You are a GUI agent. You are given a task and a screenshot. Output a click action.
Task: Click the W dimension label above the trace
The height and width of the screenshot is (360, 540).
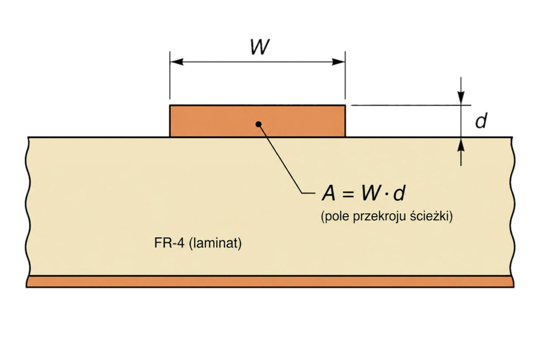(x=259, y=47)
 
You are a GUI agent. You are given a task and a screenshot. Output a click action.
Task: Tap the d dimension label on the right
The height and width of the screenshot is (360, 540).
(x=481, y=121)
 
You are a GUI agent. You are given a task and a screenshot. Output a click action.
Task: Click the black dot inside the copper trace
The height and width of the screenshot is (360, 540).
(x=258, y=124)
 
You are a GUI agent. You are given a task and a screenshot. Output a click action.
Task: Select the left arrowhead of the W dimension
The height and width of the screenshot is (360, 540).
(x=177, y=62)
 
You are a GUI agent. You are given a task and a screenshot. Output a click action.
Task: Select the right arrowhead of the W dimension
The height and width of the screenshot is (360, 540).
(x=338, y=62)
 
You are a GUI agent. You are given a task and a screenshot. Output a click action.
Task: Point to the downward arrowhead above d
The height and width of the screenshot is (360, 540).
(x=461, y=98)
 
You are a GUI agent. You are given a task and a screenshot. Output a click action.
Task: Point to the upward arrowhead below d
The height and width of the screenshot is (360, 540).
(x=461, y=144)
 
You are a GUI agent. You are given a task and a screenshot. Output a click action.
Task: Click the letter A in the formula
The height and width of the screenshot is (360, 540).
(x=329, y=193)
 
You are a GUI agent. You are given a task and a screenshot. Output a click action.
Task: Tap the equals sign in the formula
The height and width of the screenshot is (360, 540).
(x=348, y=194)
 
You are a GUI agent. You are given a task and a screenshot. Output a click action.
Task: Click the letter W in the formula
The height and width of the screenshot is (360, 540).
(x=371, y=193)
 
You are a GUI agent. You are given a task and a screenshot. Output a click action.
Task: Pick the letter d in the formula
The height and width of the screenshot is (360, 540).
(x=399, y=193)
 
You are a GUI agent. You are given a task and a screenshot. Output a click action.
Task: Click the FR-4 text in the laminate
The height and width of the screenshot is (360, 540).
(x=169, y=243)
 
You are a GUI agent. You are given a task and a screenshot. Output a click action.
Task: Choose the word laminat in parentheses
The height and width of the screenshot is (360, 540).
(x=215, y=243)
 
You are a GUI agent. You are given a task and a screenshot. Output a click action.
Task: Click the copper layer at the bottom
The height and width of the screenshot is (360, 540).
(x=270, y=282)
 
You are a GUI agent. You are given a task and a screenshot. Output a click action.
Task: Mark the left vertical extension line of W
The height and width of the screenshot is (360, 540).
(x=170, y=75)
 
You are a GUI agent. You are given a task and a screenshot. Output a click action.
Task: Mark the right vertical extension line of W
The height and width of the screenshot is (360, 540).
(x=345, y=75)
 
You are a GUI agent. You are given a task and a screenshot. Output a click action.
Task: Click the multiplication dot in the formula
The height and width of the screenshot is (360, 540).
(x=387, y=194)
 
